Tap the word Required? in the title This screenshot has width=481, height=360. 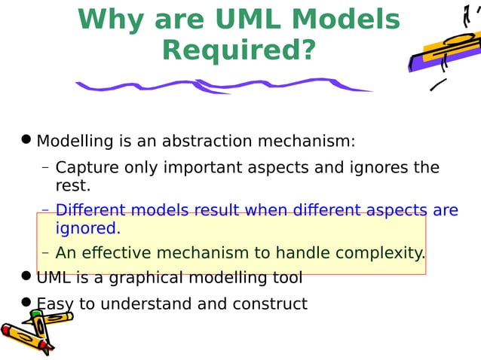[239, 50]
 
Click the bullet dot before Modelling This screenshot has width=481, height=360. [26, 139]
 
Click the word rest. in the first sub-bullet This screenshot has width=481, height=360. [73, 185]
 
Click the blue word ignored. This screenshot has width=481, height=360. [87, 227]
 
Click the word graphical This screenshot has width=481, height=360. [149, 278]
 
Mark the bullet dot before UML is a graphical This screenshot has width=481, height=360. [26, 276]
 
